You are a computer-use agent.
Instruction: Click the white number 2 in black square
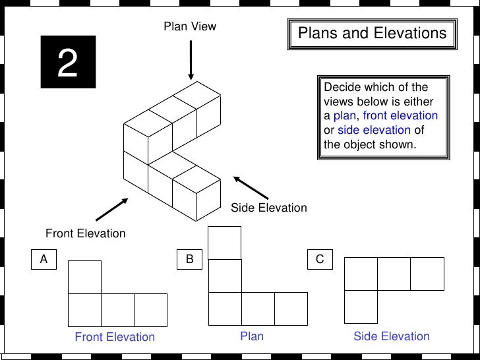pos(68,62)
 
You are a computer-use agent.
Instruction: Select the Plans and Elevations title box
pos(372,34)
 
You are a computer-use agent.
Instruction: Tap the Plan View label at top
pos(190,27)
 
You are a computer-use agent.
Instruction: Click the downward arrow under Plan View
pos(191,60)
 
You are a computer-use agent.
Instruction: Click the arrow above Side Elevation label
pos(251,188)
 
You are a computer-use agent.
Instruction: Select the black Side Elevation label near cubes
pos(268,208)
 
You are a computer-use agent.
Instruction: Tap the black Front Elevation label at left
pos(85,233)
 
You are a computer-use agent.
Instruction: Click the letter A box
pos(44,260)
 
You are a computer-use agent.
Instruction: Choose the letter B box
pos(189,260)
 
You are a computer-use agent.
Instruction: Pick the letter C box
pos(320,260)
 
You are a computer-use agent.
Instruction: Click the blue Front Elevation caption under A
pos(115,337)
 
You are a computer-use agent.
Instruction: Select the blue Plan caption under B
pos(252,336)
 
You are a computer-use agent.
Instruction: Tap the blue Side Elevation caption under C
pos(392,336)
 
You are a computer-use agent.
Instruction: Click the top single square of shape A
pos(85,277)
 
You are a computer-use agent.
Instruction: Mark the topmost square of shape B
pos(225,242)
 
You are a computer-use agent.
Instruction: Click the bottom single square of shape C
pos(361,307)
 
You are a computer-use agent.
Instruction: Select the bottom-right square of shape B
pos(291,309)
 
